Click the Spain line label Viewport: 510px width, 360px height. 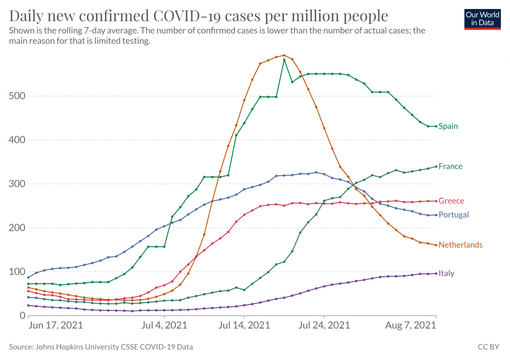448,126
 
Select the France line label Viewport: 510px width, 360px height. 450,166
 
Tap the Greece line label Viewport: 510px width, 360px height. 451,201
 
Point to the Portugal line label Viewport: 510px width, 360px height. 454,215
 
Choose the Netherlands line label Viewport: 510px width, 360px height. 460,245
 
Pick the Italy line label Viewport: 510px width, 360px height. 446,273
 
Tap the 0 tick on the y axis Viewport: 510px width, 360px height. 21,315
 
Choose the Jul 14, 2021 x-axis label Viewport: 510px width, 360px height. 245,325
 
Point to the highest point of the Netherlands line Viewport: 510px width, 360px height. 284,56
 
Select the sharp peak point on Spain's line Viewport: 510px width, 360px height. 284,60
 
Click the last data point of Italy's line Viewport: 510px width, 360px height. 436,274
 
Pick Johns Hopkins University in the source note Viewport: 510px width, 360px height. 75,347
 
